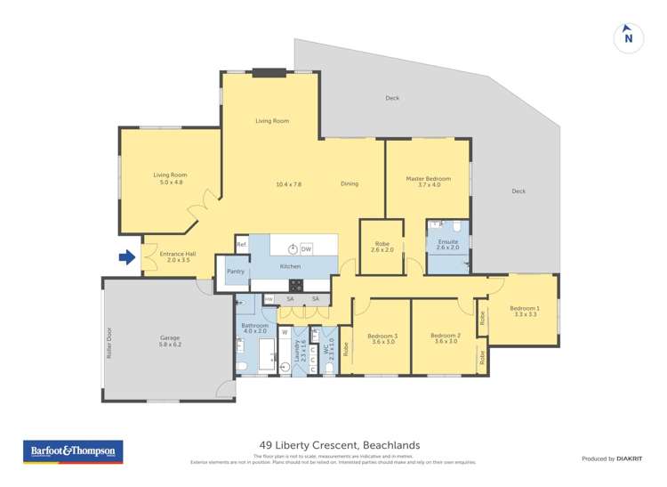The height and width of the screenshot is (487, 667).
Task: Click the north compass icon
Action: (628, 37)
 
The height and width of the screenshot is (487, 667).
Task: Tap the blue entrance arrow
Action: (127, 257)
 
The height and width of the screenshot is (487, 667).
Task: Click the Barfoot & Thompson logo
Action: (73, 451)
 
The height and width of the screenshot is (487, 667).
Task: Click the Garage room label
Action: (170, 338)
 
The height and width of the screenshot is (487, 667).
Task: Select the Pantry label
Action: (236, 272)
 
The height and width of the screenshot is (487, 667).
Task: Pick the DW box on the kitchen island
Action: (306, 248)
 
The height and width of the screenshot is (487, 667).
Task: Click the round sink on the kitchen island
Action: (291, 248)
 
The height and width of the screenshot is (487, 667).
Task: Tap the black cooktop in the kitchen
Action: (296, 285)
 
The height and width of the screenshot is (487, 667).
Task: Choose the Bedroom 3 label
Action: (383, 338)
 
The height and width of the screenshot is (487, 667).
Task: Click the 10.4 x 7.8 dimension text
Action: (288, 184)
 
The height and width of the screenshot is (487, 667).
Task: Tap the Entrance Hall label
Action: (175, 257)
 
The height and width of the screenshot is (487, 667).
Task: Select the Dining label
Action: (350, 184)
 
